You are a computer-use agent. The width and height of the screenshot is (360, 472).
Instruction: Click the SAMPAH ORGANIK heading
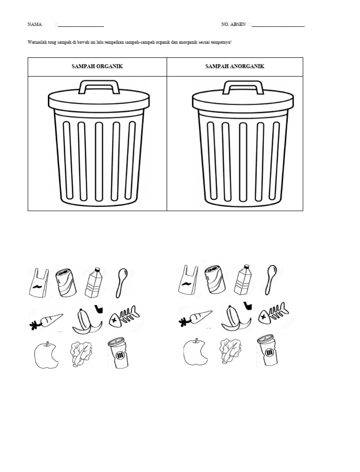coord(97,66)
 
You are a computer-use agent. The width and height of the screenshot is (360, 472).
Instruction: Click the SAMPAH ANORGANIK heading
coord(235,66)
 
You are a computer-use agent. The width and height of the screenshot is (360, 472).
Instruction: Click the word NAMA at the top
coord(35,24)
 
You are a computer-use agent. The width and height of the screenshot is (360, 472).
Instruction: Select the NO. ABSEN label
coord(233,24)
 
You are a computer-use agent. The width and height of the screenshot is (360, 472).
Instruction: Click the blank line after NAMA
coord(81,26)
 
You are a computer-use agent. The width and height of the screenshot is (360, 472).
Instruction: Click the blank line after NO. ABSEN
coord(278,26)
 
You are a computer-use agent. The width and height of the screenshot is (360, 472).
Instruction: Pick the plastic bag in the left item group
coord(39,282)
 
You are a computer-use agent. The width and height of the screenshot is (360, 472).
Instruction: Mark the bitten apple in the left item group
coord(46,355)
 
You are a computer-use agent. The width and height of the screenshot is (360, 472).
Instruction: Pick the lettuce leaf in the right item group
coord(230,351)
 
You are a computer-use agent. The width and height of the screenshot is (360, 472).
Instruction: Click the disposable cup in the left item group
coord(118,353)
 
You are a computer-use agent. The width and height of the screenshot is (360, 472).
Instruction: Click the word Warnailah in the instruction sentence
coord(37,42)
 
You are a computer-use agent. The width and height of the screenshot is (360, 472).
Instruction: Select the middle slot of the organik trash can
coord(99,161)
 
